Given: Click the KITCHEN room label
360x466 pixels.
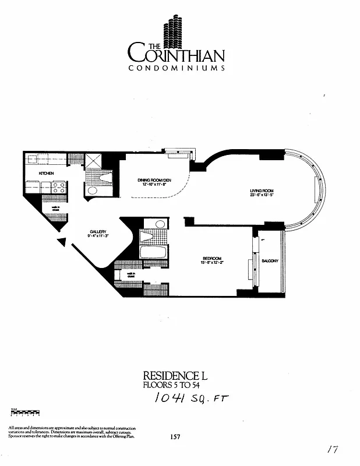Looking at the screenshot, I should [47, 174].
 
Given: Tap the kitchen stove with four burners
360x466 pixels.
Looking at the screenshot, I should [58, 188].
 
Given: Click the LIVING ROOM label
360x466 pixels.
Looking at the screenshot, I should [262, 191].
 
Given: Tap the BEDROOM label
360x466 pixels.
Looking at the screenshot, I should [211, 258].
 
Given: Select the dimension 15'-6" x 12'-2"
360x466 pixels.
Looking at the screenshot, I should [211, 263].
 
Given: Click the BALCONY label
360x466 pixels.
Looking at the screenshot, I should [270, 260].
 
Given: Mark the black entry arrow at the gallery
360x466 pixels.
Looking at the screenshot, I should [61, 241].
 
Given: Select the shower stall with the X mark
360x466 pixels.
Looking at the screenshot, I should [93, 161].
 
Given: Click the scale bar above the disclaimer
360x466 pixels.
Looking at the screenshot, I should [24, 415].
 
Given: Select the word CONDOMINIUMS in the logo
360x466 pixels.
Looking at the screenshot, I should [177, 68].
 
